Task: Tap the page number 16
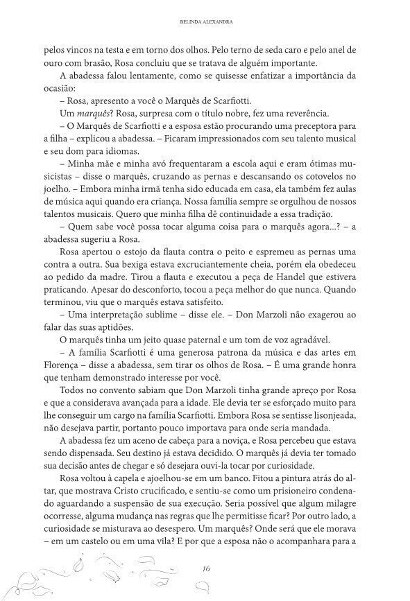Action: (x=206, y=568)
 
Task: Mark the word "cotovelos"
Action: (x=330, y=176)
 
